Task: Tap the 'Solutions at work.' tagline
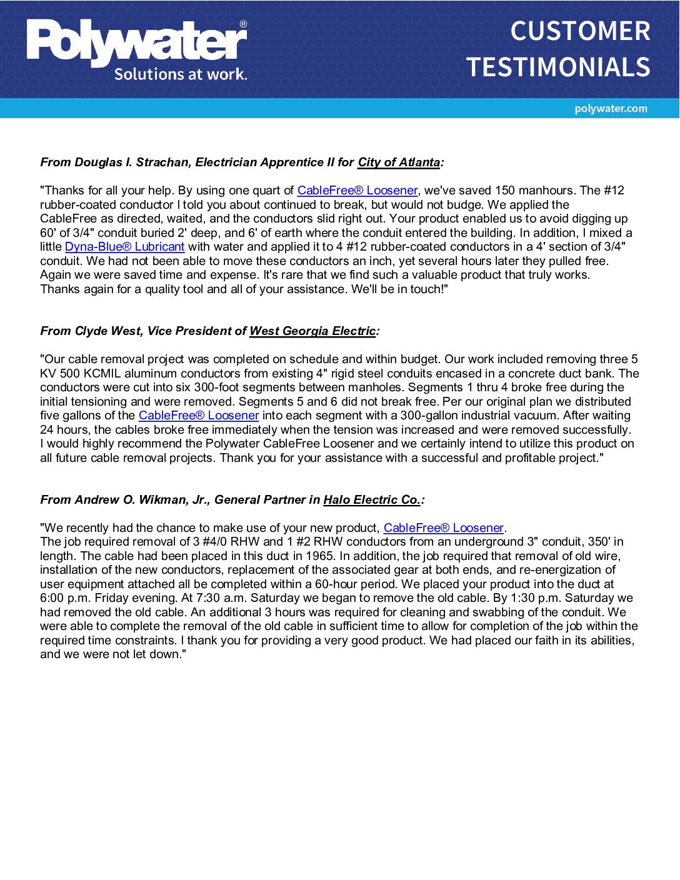click(180, 74)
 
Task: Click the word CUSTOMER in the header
click(580, 31)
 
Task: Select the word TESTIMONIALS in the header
click(558, 67)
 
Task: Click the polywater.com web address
click(611, 109)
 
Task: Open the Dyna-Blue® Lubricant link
click(124, 247)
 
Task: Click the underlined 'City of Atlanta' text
click(399, 162)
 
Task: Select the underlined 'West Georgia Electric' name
click(312, 331)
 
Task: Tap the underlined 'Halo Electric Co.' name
click(372, 500)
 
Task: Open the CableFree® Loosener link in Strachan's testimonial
click(357, 191)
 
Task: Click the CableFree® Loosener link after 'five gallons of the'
click(199, 416)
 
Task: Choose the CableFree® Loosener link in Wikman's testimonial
click(443, 528)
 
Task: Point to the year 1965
click(319, 556)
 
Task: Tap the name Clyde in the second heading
click(91, 331)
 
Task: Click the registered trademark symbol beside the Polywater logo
click(243, 24)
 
